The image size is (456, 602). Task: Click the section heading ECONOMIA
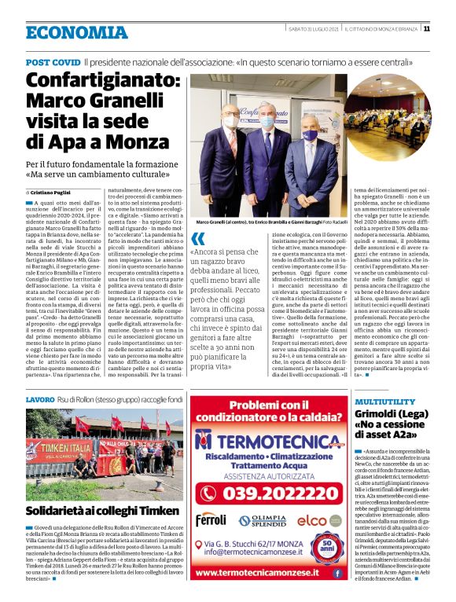[75, 32]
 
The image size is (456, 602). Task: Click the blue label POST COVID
[53, 61]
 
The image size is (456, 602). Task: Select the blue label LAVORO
[40, 400]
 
